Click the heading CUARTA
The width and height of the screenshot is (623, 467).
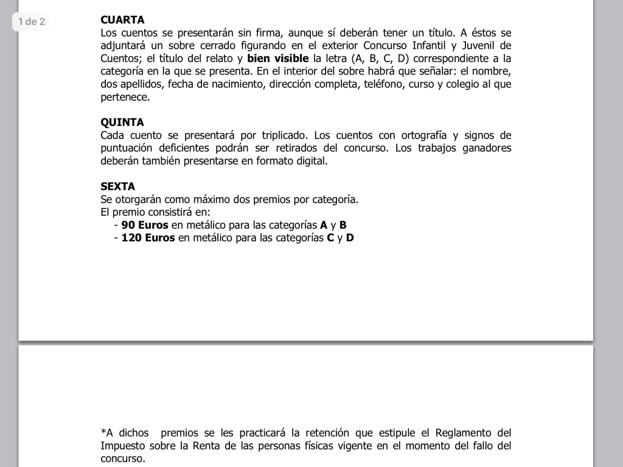(122, 20)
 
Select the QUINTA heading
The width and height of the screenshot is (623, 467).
(122, 122)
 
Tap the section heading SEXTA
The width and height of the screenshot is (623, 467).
(117, 187)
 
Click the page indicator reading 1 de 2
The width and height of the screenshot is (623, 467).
(32, 22)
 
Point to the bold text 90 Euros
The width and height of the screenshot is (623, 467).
(145, 225)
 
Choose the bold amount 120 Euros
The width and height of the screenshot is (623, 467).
(148, 238)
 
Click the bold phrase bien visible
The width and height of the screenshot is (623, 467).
(278, 59)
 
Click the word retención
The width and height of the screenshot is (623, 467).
(323, 433)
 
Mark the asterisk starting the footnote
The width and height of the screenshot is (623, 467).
(103, 432)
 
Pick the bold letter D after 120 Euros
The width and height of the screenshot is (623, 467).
(350, 238)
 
